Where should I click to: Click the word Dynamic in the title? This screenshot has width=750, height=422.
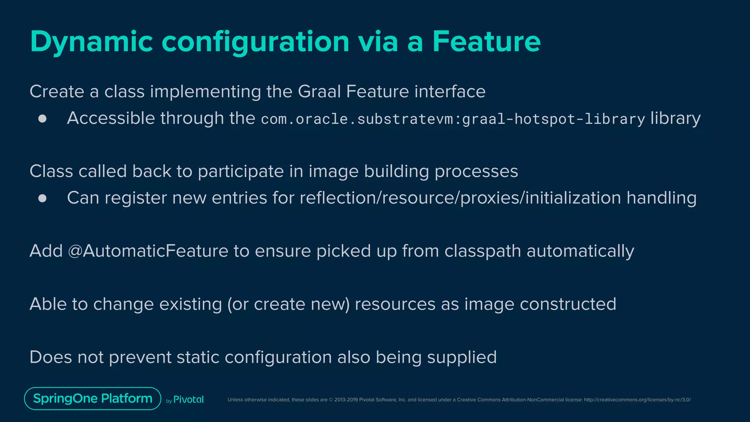pos(92,42)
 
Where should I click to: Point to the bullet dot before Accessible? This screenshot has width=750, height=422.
pos(42,119)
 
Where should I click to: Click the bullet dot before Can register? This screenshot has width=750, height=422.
pos(42,198)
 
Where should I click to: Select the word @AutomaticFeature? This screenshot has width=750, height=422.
pos(148,251)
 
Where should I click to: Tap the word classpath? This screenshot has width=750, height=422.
pos(483,251)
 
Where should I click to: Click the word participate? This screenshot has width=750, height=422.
pos(241,172)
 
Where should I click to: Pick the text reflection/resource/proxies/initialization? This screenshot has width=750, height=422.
pos(460,198)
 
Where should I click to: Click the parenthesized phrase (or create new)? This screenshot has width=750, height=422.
pos(288,304)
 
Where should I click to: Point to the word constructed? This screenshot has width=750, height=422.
pos(568,304)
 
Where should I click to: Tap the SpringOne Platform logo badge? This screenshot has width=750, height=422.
pos(93,399)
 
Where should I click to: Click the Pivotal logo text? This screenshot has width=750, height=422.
pos(188,400)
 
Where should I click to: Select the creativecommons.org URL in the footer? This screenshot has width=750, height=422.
pos(637,400)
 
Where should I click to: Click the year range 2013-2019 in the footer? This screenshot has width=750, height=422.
pos(346,400)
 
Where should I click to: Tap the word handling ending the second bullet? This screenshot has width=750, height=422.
pos(661,198)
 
